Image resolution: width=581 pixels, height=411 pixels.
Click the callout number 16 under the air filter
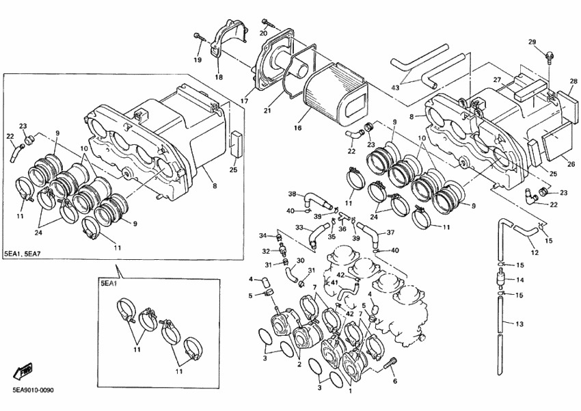pos(297,128)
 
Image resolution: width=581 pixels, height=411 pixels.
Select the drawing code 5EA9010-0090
pos(33,390)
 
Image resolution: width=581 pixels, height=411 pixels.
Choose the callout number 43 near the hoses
pos(395,88)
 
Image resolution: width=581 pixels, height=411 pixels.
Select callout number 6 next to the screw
pos(394,381)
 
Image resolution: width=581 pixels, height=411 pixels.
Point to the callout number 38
pos(292,194)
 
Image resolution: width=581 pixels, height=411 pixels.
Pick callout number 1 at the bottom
pos(351,392)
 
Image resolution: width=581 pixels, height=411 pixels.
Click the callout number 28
pos(573,81)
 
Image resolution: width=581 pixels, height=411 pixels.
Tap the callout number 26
pos(571,164)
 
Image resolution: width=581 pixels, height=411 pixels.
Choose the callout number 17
pos(244,102)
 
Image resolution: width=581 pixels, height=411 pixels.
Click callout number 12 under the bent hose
pos(535,253)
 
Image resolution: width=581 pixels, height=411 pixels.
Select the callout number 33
pos(299,228)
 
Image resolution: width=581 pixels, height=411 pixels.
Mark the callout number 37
pos(390,233)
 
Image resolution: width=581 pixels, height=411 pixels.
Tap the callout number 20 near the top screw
pos(263,33)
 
